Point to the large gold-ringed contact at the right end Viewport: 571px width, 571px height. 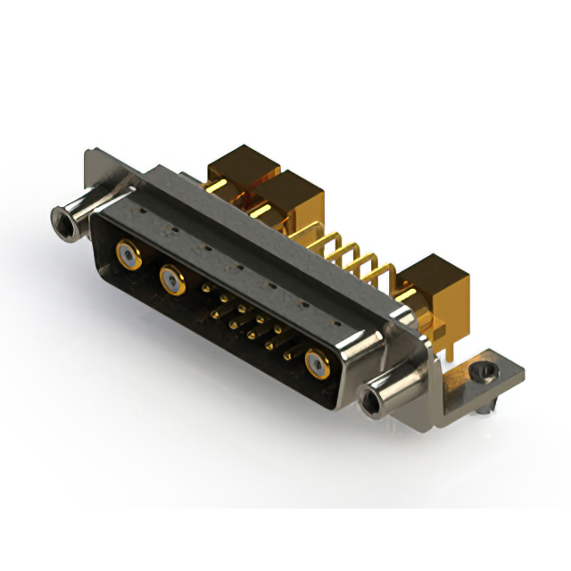point(317,363)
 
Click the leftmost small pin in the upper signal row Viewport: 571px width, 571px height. point(207,289)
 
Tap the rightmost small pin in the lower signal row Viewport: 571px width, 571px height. point(286,355)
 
